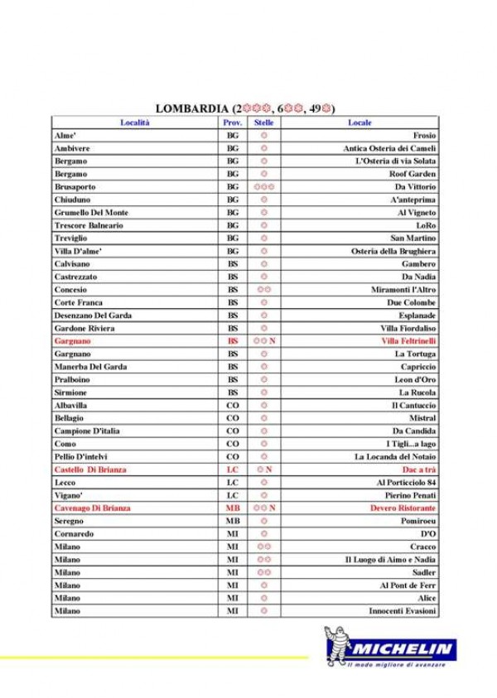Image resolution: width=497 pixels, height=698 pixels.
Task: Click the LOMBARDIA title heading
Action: (x=245, y=108)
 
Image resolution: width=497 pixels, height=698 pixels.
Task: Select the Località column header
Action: (x=134, y=122)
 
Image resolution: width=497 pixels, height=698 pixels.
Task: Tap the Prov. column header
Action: (x=233, y=122)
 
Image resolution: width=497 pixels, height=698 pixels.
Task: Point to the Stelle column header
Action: (x=263, y=122)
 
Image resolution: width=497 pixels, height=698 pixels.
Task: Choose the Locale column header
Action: (x=359, y=122)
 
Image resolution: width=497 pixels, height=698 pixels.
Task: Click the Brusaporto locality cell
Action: (x=76, y=186)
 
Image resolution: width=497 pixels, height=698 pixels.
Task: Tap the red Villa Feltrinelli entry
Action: (x=408, y=340)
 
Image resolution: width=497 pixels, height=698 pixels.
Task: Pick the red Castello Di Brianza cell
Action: (x=90, y=469)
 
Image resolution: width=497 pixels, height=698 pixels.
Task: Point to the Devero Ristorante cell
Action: (x=403, y=508)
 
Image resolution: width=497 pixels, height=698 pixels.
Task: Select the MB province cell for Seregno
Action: (x=233, y=521)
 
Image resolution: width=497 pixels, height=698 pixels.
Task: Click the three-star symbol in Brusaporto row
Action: (x=263, y=186)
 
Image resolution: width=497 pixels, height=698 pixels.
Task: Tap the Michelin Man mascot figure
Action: (x=337, y=647)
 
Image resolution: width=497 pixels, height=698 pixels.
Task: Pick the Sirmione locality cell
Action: (x=71, y=392)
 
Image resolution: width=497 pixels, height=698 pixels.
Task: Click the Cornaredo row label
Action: (x=74, y=534)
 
